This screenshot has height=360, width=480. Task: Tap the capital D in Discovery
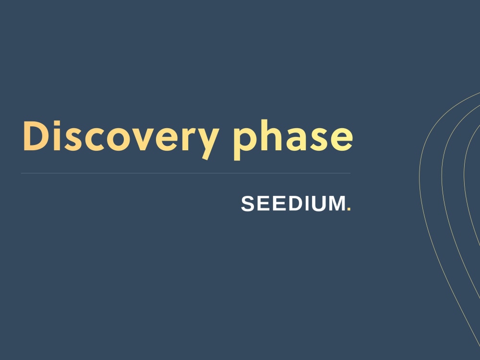[36, 136]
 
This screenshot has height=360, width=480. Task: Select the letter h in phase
[269, 136]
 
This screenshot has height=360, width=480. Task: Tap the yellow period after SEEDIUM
[349, 210]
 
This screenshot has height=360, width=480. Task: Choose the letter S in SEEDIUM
[249, 204]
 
